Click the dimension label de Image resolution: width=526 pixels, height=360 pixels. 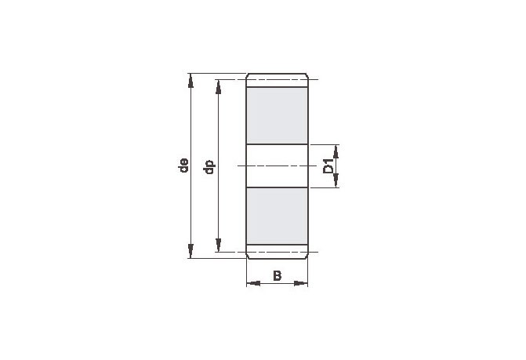point(184,165)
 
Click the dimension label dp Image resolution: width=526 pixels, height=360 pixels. point(209,167)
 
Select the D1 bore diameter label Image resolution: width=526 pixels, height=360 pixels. point(328,166)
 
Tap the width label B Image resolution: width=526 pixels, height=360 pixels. point(277,276)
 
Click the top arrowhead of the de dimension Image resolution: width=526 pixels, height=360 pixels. point(190,81)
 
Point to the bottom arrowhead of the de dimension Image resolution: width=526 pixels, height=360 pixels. point(190,251)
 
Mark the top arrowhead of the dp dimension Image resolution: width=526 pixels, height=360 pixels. point(219,87)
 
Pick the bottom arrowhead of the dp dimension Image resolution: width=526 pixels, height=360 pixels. point(219,245)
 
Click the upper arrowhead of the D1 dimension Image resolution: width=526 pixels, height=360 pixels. point(336,151)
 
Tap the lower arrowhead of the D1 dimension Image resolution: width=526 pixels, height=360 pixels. point(336,180)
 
